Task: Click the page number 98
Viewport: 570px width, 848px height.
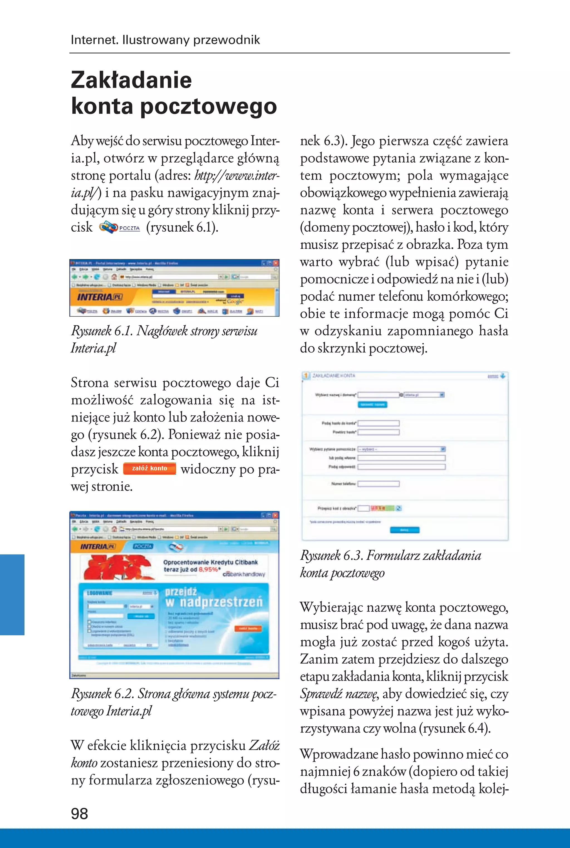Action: [x=79, y=813]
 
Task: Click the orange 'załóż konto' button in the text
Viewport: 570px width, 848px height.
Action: [x=149, y=468]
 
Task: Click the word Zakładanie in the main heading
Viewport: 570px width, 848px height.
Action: [x=131, y=80]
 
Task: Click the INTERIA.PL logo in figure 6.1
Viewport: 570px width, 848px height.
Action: [x=99, y=297]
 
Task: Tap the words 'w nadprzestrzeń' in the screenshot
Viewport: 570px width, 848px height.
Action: [x=214, y=602]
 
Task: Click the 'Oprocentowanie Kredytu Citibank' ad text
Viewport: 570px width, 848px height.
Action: [x=210, y=562]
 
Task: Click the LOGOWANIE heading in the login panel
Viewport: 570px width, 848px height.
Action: [x=100, y=593]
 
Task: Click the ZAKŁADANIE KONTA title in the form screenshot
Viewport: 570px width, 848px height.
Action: [x=333, y=376]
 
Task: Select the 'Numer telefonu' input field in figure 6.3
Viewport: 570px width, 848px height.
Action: [x=379, y=484]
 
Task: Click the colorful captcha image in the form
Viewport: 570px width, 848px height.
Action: [x=382, y=508]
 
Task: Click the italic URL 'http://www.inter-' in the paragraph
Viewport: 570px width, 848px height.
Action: [x=237, y=176]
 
